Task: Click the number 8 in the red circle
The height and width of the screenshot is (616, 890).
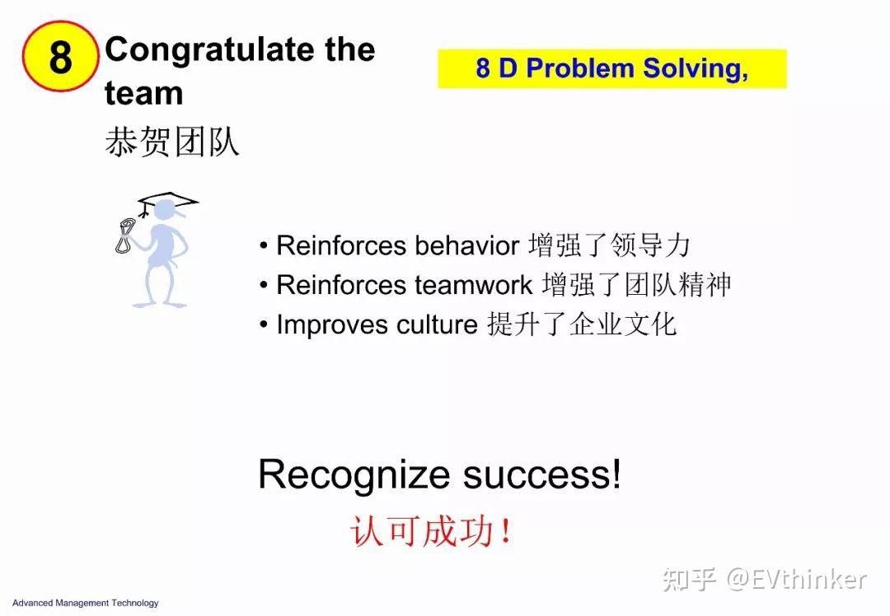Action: (x=60, y=57)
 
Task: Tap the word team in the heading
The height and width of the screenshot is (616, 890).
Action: (x=143, y=93)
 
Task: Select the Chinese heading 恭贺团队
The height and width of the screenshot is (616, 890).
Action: (x=172, y=142)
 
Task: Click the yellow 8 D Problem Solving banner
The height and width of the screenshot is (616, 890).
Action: (x=611, y=68)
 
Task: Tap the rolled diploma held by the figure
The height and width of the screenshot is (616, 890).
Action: (x=126, y=234)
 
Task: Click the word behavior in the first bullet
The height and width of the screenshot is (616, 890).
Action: (x=466, y=245)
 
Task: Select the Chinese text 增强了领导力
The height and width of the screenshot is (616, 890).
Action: (x=609, y=245)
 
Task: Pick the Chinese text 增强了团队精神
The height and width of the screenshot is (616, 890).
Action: (x=636, y=285)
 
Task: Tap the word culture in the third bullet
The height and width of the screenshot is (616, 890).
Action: (x=437, y=324)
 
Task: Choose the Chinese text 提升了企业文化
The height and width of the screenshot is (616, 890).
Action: (x=581, y=324)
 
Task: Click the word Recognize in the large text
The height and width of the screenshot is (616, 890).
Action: (x=354, y=475)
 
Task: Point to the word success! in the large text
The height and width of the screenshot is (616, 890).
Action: (x=541, y=475)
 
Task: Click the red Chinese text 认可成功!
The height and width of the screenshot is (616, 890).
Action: (x=431, y=531)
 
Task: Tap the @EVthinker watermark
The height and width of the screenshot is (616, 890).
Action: (x=796, y=579)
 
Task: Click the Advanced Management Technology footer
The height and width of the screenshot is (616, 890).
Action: (x=85, y=603)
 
